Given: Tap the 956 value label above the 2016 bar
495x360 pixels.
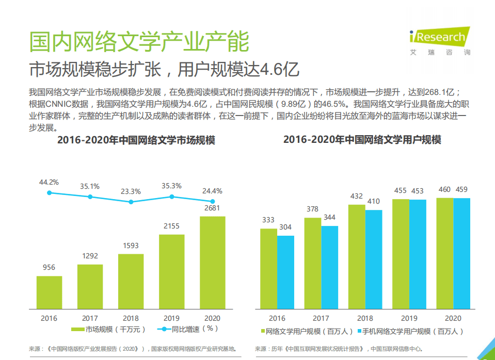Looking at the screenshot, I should (49, 267).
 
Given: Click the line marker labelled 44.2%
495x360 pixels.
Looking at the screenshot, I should (50, 193).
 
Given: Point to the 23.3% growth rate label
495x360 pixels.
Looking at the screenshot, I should (131, 191).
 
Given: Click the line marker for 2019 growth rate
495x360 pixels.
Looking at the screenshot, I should (172, 197).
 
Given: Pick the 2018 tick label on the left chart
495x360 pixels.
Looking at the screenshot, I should (131, 318).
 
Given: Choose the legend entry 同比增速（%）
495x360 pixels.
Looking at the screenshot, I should (189, 329).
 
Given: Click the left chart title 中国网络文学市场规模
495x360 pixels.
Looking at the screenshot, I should (136, 140).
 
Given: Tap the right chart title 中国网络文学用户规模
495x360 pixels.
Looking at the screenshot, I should (362, 140).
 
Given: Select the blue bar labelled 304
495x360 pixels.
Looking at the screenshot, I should (285, 272).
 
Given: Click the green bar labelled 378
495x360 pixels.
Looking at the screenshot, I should (312, 263).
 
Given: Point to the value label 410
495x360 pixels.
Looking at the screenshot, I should (373, 201).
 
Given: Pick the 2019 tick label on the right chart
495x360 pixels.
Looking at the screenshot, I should (409, 318).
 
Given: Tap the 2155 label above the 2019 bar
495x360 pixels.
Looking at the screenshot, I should (171, 226).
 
